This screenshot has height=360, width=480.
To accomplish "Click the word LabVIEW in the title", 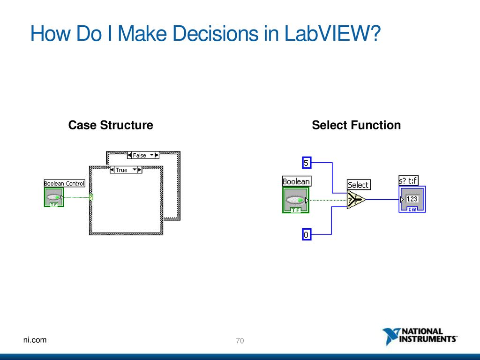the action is click(332, 33).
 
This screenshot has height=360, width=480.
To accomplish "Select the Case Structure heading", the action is click(111, 125).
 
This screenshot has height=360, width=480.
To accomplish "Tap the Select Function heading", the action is click(356, 125).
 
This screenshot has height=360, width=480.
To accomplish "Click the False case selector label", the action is click(143, 155).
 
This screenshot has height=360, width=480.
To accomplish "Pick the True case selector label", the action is click(126, 170).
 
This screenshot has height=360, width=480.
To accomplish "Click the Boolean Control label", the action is click(64, 183).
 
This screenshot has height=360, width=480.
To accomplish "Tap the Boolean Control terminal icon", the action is click(54, 197).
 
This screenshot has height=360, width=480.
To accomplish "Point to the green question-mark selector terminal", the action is click(91, 197).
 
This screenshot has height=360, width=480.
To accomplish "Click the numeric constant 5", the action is click(307, 163).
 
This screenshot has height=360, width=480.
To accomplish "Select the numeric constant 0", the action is click(307, 234).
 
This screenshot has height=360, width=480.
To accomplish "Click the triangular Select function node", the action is click(355, 200).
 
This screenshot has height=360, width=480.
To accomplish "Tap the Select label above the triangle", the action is click(359, 185).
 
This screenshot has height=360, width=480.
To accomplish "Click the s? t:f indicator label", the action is click(408, 180).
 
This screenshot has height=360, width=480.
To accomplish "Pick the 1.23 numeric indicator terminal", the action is click(412, 199).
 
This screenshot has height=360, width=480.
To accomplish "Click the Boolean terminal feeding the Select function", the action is click(296, 200).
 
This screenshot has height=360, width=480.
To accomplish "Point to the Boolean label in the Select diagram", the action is click(296, 181).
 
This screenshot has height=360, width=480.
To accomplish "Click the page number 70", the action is click(240, 341).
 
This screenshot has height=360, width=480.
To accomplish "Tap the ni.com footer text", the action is click(35, 340).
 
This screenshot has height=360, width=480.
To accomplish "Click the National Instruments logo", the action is click(420, 336).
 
